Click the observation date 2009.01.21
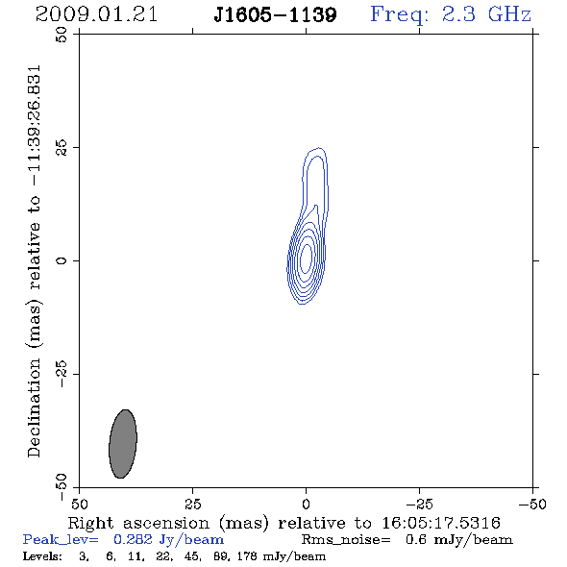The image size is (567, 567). point(96,14)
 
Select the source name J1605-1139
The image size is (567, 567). point(275,15)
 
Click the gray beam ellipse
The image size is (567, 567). point(123,444)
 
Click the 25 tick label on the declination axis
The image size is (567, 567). point(62,148)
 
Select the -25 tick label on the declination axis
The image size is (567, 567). point(62,374)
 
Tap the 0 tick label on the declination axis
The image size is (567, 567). point(62,260)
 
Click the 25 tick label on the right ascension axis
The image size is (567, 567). point(192,504)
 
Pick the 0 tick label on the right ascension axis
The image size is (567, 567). point(306,504)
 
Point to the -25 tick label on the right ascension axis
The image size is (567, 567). point(419,504)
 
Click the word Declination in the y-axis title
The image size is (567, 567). point(34,408)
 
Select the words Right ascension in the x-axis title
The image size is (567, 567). point(138,523)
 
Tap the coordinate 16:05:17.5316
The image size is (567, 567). point(441,523)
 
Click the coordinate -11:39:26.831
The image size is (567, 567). point(35,126)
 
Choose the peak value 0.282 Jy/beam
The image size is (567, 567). point(169,540)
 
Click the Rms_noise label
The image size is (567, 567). point(346,540)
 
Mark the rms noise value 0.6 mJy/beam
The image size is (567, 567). point(458,540)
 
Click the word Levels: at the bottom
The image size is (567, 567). point(42,555)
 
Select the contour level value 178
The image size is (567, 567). point(248,555)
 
